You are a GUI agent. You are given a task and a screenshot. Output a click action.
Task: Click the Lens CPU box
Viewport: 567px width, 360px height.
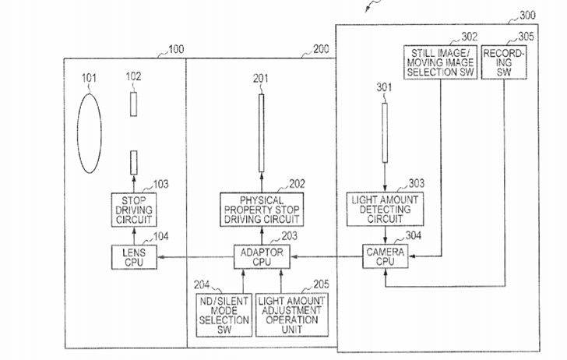134,257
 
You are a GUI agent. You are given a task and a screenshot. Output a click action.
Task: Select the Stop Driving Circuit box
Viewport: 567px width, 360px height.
134,210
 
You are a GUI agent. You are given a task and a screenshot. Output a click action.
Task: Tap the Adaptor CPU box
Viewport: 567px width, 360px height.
262,257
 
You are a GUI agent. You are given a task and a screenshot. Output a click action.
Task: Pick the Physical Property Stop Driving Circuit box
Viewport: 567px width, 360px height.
262,210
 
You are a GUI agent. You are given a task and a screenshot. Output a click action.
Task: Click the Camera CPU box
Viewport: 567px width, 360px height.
386,256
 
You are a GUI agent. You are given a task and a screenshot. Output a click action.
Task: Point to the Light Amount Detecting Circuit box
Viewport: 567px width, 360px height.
385,209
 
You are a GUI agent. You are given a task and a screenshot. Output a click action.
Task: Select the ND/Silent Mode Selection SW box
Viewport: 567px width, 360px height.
224,315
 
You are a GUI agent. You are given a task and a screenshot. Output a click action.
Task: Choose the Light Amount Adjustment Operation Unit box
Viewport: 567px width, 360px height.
292,315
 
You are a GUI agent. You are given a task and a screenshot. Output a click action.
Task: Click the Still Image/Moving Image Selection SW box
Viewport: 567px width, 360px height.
441,62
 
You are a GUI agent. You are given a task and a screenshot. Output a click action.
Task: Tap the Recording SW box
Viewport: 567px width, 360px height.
504,62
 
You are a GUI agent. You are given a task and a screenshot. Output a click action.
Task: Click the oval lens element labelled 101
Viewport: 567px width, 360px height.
90,133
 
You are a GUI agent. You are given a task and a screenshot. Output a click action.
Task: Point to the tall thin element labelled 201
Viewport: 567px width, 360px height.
262,133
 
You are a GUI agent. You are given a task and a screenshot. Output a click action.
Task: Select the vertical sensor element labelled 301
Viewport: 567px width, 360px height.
385,132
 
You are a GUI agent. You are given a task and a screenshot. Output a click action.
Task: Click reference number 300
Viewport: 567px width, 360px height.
527,16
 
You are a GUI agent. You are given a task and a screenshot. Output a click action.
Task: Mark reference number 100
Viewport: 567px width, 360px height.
176,49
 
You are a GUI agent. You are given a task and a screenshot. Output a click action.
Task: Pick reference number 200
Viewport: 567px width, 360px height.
321,49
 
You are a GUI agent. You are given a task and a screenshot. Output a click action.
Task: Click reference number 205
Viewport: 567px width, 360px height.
321,284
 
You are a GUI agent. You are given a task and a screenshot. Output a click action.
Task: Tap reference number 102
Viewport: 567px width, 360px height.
133,76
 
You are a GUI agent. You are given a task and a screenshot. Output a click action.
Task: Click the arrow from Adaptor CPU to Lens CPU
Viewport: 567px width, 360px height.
195,257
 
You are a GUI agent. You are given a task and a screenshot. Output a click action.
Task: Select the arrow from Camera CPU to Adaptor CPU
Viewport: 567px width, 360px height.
326,257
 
